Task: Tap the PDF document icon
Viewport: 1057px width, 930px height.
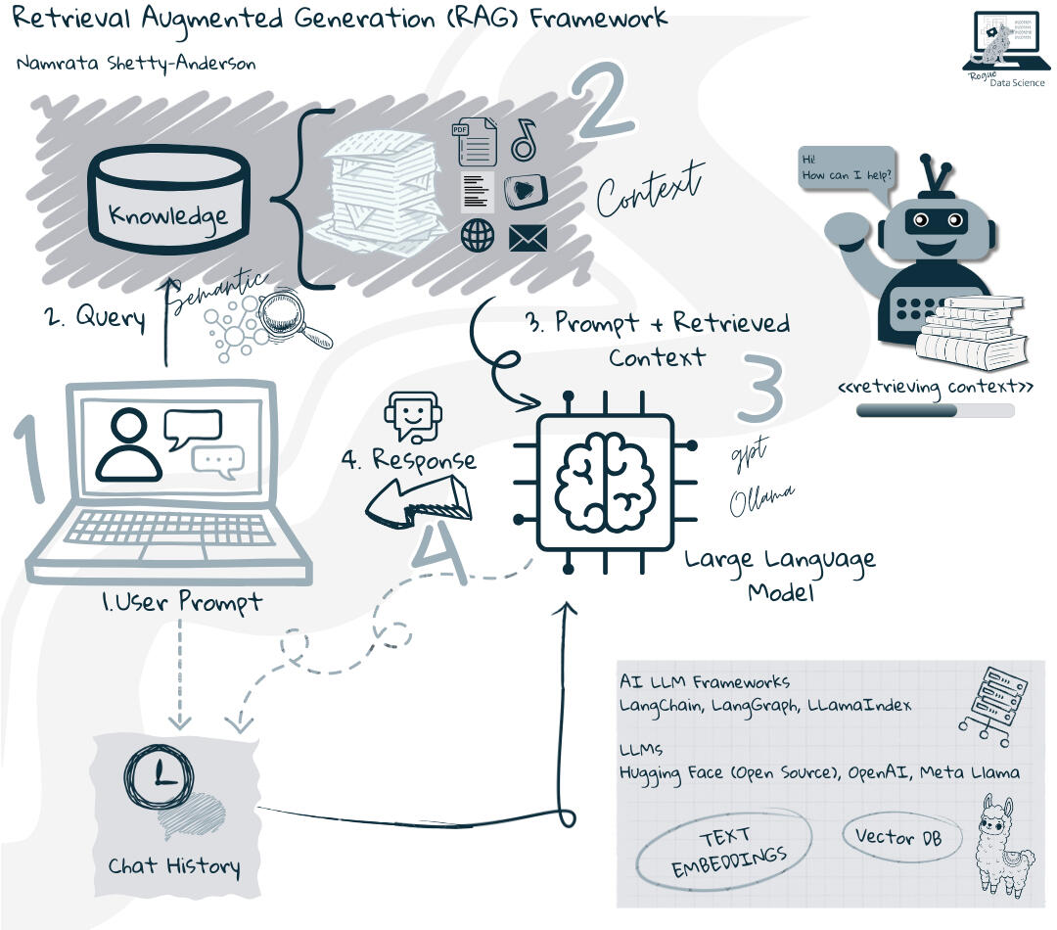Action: [475, 142]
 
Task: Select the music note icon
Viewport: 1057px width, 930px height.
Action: [525, 139]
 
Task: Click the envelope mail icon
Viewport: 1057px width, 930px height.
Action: [528, 238]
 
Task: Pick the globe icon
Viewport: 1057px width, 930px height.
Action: [478, 236]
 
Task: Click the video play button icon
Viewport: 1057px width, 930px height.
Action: [526, 190]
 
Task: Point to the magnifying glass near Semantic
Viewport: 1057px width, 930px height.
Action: [299, 319]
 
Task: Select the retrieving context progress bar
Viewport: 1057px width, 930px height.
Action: [935, 411]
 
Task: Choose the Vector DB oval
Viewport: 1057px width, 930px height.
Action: [898, 837]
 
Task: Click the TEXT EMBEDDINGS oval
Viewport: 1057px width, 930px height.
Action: [725, 853]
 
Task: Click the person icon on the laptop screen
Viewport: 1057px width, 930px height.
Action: [128, 445]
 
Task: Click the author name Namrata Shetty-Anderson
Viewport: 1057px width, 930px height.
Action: [136, 65]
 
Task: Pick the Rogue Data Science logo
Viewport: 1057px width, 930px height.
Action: [1003, 48]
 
